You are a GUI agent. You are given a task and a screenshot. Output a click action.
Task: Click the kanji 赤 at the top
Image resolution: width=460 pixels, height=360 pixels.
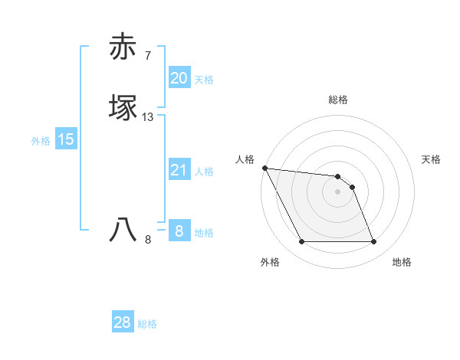click(x=123, y=47)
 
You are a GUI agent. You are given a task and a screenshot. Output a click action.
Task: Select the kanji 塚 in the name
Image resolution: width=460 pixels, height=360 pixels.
click(x=123, y=107)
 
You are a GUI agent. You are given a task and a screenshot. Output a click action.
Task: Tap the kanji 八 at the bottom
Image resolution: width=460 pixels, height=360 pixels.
click(x=123, y=230)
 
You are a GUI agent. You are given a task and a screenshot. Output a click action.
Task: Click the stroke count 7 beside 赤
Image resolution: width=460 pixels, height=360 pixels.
click(x=148, y=55)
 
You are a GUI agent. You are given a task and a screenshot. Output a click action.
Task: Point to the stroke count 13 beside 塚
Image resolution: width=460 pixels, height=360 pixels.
click(x=148, y=117)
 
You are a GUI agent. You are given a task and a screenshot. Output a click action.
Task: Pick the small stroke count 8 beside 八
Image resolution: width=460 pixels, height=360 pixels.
click(x=148, y=240)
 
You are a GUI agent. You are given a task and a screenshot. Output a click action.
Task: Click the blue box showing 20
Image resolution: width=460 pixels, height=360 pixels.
click(x=179, y=78)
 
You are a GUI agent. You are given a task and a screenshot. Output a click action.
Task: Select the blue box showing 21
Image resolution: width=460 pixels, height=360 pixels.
click(x=179, y=170)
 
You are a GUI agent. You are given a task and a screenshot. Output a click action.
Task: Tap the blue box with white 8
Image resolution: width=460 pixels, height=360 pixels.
click(x=179, y=231)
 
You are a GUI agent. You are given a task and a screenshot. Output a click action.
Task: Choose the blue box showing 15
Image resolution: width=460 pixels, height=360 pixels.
click(x=65, y=139)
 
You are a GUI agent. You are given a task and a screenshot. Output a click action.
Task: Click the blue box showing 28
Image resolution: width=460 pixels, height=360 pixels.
click(x=123, y=322)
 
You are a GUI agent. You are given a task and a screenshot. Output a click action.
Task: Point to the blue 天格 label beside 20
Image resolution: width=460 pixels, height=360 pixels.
click(x=204, y=80)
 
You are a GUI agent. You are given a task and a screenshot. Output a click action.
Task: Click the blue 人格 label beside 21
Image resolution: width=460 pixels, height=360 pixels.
click(x=204, y=172)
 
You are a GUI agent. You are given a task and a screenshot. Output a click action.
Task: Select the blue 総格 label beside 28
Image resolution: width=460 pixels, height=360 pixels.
click(x=147, y=324)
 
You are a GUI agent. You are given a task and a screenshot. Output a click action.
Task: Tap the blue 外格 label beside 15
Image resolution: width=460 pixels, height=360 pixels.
click(x=41, y=141)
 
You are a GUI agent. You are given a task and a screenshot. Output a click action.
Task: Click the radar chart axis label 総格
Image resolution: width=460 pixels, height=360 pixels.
click(x=338, y=100)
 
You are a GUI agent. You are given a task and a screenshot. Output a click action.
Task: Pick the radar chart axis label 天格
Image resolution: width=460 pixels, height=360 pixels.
click(x=432, y=159)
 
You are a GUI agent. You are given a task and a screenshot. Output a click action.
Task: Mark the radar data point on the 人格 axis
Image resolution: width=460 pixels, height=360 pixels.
click(x=264, y=168)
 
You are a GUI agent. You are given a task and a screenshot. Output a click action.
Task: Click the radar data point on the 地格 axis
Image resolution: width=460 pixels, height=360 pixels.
click(x=374, y=242)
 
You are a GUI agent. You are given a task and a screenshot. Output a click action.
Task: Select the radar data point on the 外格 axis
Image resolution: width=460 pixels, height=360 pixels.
click(x=301, y=242)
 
